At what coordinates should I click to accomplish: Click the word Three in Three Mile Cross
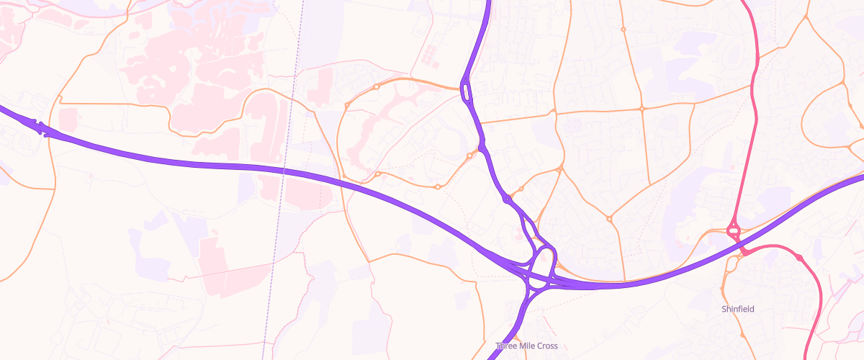[x=507, y=346]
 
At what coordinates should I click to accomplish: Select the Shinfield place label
[x=738, y=309]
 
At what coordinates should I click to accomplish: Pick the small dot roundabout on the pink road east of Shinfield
[x=798, y=257]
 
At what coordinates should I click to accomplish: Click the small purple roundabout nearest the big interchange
[x=508, y=199]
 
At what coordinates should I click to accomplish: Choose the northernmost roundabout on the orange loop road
[x=376, y=87]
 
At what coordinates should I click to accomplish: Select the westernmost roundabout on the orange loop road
[x=346, y=106]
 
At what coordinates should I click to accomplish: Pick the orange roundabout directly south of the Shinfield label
[x=742, y=336]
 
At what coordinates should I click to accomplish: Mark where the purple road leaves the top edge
[x=489, y=1]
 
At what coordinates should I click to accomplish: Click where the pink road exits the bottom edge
[x=814, y=358]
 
